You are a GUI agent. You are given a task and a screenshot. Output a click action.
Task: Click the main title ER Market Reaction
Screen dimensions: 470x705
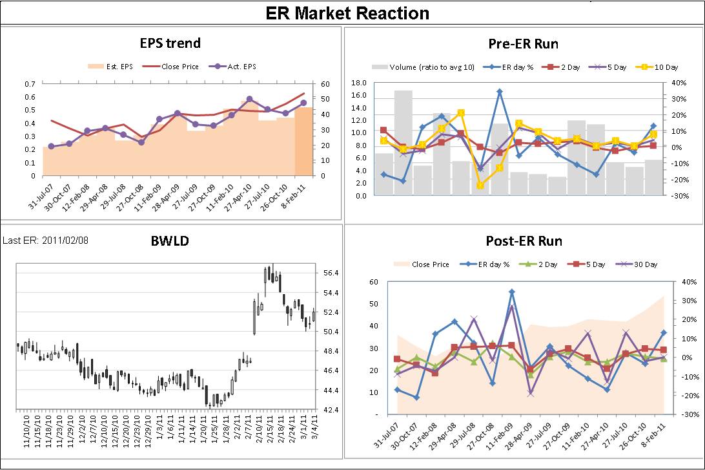coord(347,13)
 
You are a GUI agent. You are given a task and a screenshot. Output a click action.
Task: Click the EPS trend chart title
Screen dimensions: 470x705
coord(170,43)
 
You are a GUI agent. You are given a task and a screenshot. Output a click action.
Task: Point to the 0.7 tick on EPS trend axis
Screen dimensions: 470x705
coord(30,84)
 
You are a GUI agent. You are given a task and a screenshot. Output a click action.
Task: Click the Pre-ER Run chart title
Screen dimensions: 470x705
coord(524,44)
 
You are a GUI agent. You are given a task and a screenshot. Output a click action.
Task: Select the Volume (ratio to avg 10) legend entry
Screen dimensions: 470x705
coord(420,67)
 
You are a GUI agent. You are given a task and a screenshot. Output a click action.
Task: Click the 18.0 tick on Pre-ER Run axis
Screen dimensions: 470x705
coord(359,83)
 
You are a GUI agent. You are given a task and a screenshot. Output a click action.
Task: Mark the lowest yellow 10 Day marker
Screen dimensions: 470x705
coord(480,186)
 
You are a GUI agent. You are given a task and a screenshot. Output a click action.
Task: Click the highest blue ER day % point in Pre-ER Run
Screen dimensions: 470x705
coord(499,92)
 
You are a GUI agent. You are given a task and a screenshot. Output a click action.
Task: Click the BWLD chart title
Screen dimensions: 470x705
coord(170,241)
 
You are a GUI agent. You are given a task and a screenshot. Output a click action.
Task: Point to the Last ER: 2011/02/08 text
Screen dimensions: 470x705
coord(46,240)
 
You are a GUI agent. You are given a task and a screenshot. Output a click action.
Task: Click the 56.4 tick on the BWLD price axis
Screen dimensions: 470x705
coord(329,273)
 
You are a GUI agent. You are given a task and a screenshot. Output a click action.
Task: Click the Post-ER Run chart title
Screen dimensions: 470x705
coord(524,241)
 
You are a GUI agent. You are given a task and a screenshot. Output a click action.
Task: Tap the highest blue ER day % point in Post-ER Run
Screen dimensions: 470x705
coord(511,292)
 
